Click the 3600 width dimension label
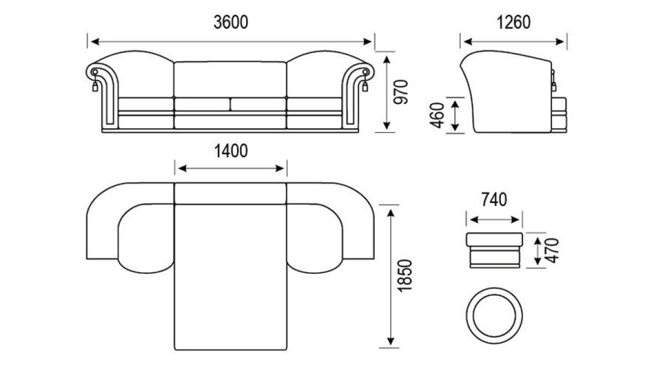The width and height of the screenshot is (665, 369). click(231, 22)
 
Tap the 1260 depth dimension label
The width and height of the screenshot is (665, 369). click(513, 22)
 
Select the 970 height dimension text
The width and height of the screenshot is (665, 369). click(401, 92)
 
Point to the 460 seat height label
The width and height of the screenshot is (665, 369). click(437, 115)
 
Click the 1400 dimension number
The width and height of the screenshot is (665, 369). click(231, 151)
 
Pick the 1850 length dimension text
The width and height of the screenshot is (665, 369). click(405, 276)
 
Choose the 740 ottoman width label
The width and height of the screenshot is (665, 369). click(494, 200)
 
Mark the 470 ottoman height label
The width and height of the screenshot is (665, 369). click(553, 251)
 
